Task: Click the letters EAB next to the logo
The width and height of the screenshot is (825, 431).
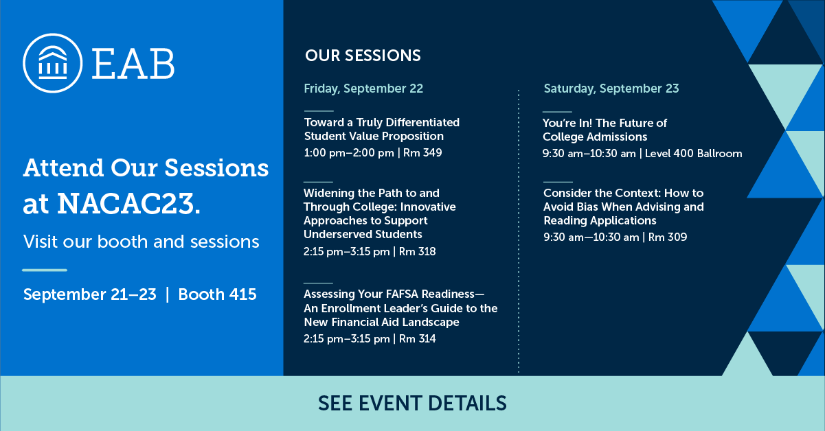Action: coord(133,63)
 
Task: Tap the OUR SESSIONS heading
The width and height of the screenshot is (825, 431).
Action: coord(363,56)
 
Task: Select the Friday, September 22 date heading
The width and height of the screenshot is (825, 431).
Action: coord(363,88)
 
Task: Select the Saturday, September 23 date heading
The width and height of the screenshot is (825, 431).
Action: coord(611,88)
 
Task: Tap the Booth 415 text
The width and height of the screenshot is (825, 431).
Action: coord(217,294)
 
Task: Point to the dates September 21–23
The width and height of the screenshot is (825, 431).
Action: coord(89,294)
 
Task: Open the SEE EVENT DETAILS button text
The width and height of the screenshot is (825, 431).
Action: coord(412,403)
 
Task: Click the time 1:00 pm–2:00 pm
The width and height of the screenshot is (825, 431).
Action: coord(348,152)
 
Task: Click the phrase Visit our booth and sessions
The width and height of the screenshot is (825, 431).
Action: coord(141,242)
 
